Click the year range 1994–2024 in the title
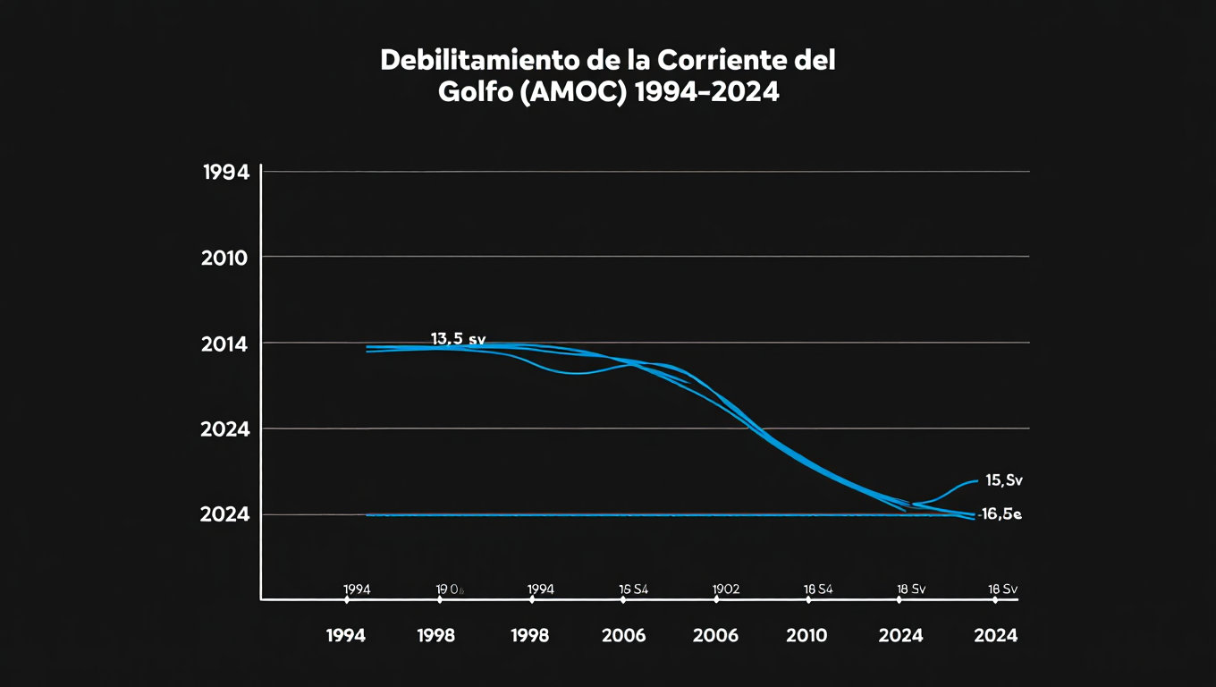(x=705, y=92)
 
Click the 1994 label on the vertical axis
(x=225, y=174)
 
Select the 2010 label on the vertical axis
(x=225, y=259)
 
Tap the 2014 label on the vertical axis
(x=225, y=345)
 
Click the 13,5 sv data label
(x=458, y=339)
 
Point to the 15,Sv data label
(x=1003, y=480)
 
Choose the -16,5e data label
(x=1000, y=514)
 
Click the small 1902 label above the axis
(x=725, y=589)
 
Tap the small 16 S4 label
(x=633, y=589)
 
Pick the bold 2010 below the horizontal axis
(x=806, y=636)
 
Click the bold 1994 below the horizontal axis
(x=346, y=636)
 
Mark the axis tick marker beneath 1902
(x=715, y=600)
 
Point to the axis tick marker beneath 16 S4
(x=623, y=600)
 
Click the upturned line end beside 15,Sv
(x=969, y=483)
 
